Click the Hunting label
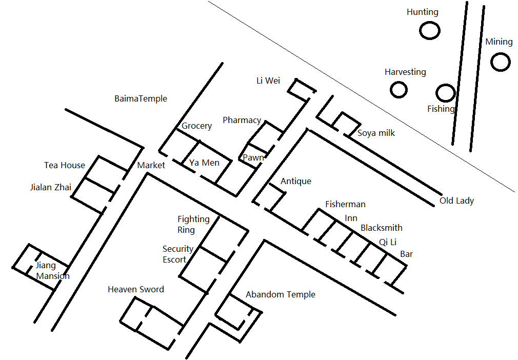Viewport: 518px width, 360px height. (422, 12)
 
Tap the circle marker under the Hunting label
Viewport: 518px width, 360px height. (429, 31)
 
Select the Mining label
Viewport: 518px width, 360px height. (499, 42)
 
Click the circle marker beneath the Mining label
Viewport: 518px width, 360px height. (501, 62)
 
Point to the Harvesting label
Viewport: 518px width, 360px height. (405, 72)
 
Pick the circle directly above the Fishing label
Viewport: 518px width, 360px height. (446, 93)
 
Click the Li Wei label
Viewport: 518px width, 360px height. (268, 81)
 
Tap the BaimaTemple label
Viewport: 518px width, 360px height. (141, 99)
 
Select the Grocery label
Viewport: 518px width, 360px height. (196, 126)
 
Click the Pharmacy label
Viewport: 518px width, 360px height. (242, 120)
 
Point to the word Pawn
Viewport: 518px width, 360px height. (253, 157)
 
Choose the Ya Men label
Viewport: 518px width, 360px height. (204, 163)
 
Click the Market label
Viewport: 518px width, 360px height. (151, 165)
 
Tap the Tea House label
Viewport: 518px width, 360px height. (65, 165)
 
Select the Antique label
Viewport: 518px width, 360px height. (296, 182)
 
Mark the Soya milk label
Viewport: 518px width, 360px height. (376, 133)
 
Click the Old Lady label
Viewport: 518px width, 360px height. (456, 201)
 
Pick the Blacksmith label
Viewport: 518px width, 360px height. (382, 228)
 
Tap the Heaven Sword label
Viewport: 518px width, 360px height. (136, 290)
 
